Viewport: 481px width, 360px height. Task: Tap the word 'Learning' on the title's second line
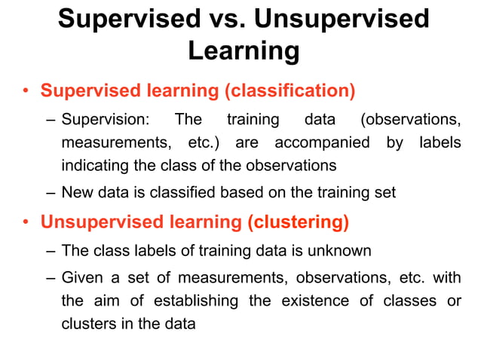[x=243, y=51]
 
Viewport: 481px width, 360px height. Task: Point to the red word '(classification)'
[x=289, y=91]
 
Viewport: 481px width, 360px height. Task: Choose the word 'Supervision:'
[x=106, y=120]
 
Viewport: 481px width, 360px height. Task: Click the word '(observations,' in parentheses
[x=410, y=120]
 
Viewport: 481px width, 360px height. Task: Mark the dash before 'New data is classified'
[x=50, y=193]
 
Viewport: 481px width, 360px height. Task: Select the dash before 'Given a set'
[x=50, y=279]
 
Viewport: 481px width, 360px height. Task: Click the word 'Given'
[x=81, y=279]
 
